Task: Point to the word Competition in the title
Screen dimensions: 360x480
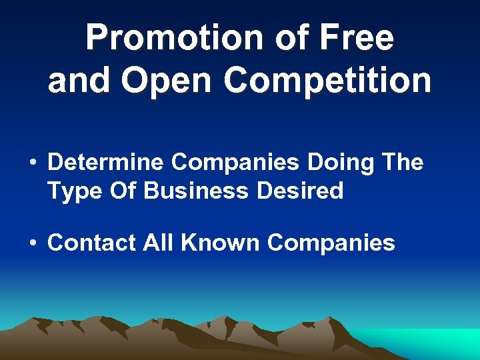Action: (x=328, y=81)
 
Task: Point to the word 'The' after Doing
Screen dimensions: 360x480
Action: (x=401, y=162)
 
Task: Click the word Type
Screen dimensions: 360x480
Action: (x=74, y=192)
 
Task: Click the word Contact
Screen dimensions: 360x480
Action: (x=91, y=243)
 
